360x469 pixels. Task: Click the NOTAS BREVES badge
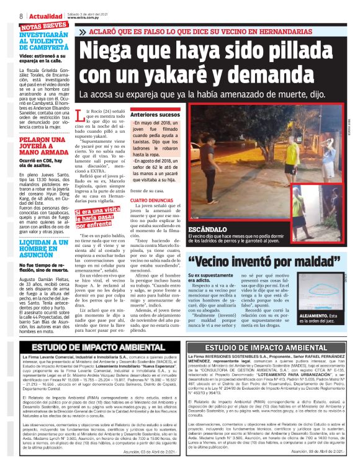(x=45, y=26)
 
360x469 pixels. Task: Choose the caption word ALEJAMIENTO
(x=324, y=315)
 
